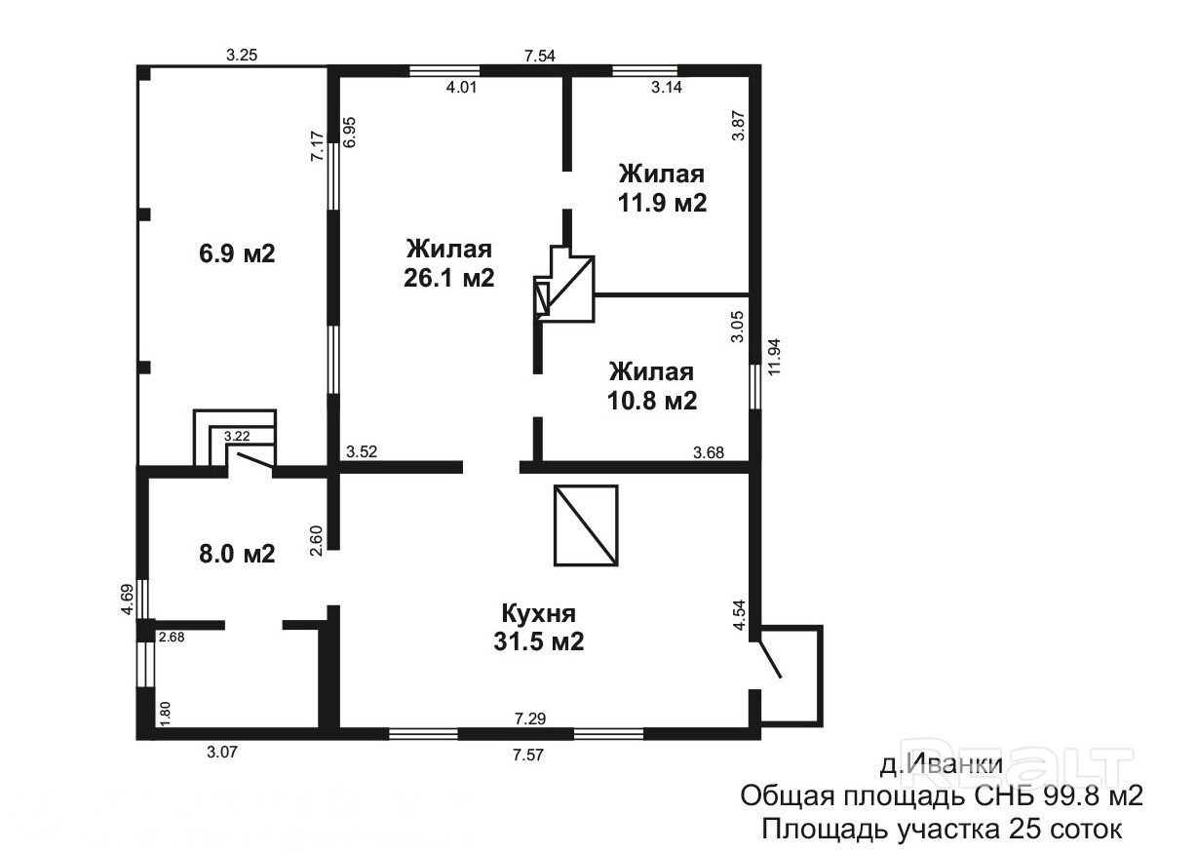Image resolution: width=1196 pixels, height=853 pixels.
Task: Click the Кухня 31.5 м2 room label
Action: pyautogui.click(x=538, y=627)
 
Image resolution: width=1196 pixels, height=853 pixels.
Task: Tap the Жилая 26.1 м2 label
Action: pyautogui.click(x=449, y=264)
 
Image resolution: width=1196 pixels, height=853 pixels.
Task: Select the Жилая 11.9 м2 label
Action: pyautogui.click(x=662, y=188)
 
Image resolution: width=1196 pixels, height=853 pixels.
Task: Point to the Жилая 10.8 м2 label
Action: pyautogui.click(x=652, y=386)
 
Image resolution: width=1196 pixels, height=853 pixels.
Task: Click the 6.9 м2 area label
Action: pyautogui.click(x=237, y=253)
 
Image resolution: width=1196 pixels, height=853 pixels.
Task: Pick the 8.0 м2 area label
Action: pyautogui.click(x=237, y=554)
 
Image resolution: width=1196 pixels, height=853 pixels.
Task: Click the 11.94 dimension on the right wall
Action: pyautogui.click(x=774, y=356)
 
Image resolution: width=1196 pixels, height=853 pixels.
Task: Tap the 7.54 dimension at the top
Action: pyautogui.click(x=540, y=56)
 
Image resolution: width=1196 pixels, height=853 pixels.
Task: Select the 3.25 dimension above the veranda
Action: pyautogui.click(x=242, y=55)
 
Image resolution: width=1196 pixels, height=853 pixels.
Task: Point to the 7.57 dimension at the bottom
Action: pyautogui.click(x=528, y=755)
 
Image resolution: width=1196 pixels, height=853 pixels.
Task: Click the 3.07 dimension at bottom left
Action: pyautogui.click(x=221, y=752)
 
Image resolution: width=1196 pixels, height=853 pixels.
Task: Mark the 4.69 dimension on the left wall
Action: pyautogui.click(x=127, y=600)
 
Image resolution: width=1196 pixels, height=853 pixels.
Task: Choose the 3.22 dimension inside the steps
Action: pyautogui.click(x=237, y=437)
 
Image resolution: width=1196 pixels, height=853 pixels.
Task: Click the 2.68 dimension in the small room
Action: pyautogui.click(x=172, y=637)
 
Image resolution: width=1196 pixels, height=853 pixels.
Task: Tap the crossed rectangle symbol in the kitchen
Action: pyautogui.click(x=586, y=525)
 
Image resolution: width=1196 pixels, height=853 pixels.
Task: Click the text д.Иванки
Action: pyautogui.click(x=942, y=764)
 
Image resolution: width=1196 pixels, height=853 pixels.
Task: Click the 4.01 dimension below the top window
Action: pyautogui.click(x=461, y=87)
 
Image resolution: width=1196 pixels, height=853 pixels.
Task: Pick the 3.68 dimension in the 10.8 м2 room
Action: pyautogui.click(x=709, y=452)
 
